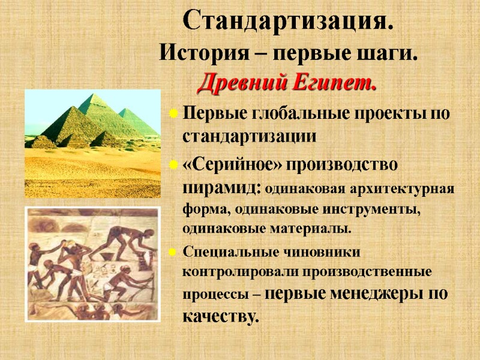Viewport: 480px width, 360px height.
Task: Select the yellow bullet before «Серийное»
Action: click(173, 163)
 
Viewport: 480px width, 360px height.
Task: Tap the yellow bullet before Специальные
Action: click(173, 251)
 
